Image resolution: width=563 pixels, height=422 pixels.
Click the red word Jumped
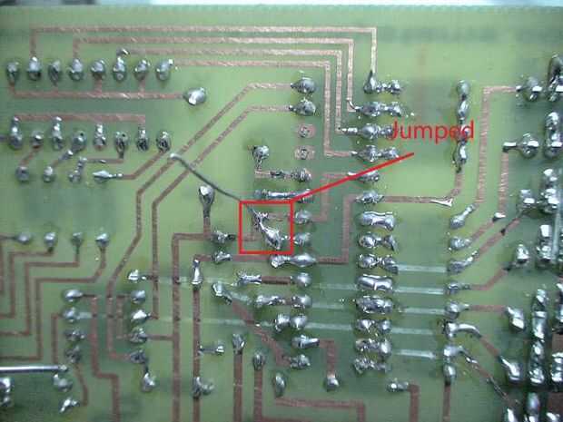pos(432,132)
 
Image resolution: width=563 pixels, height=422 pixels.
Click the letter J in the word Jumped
pos(396,130)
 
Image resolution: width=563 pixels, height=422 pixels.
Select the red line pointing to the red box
pos(353,177)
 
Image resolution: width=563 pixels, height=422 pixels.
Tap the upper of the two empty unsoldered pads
pos(304,131)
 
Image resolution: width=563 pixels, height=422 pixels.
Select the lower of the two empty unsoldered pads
pos(304,153)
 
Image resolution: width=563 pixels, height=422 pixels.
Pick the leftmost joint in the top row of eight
pos(13,71)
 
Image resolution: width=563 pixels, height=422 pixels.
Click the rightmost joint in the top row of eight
pos(164,69)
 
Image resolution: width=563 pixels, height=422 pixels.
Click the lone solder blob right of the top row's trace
pos(195,96)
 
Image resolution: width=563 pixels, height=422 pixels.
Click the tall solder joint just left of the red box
pos(206,199)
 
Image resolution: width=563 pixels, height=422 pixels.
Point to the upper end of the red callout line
pos(413,153)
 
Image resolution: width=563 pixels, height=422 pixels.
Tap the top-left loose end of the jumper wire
pos(173,156)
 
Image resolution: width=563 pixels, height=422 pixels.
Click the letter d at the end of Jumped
pos(467,130)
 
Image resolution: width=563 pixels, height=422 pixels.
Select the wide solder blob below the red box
pos(293,260)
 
